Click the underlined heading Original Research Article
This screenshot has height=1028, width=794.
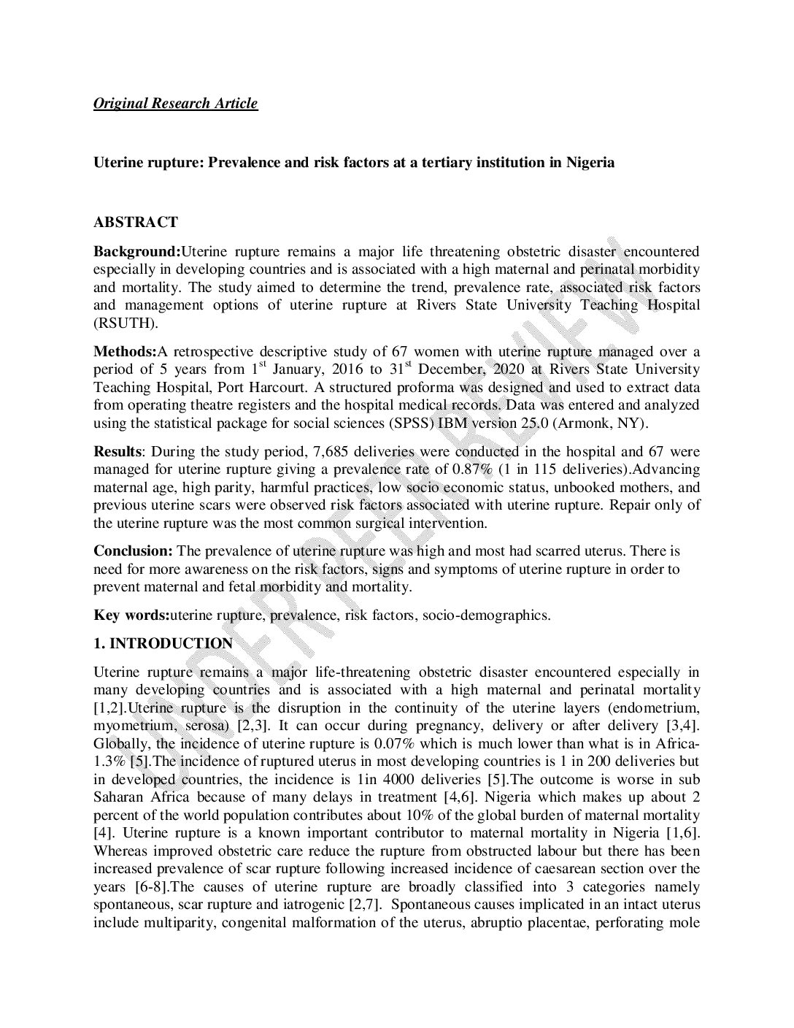point(175,103)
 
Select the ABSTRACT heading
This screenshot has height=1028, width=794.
point(135,222)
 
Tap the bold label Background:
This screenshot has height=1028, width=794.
point(136,252)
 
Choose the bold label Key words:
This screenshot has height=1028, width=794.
point(131,615)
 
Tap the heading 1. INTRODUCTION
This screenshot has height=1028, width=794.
point(163,644)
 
